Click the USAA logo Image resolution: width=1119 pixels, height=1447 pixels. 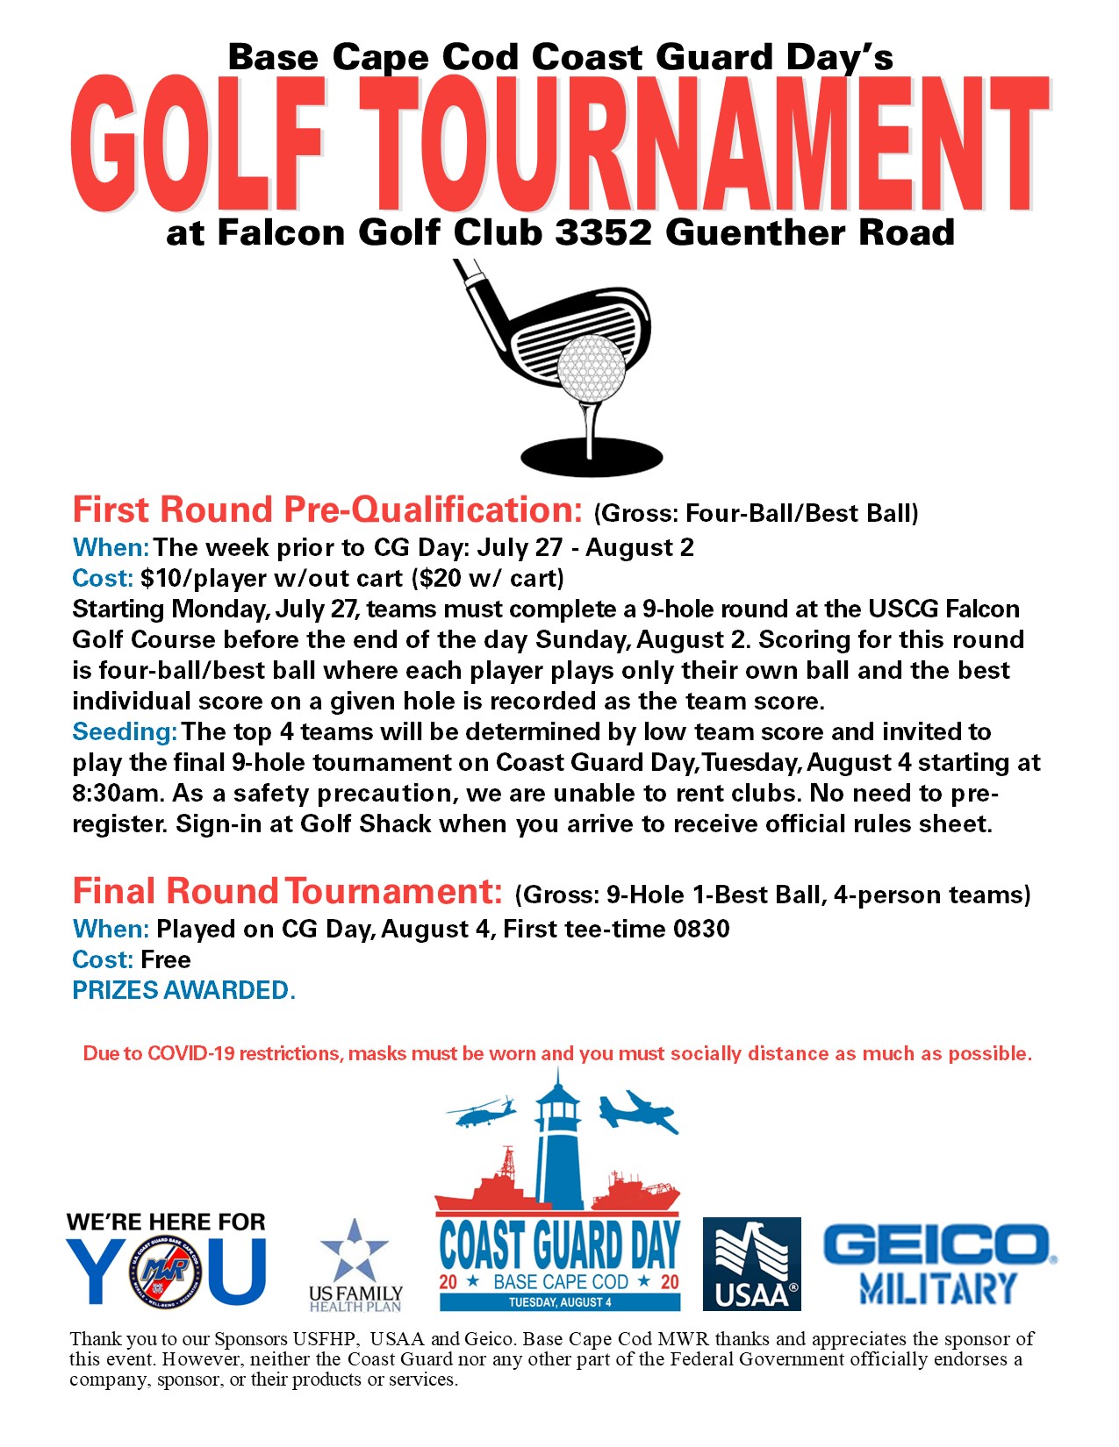(751, 1264)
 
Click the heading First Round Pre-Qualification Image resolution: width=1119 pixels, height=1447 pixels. (326, 510)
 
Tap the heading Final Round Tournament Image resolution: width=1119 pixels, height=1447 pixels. (287, 891)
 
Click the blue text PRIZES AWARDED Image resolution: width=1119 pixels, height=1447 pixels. (183, 990)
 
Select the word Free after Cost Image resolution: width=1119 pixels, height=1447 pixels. (166, 959)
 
